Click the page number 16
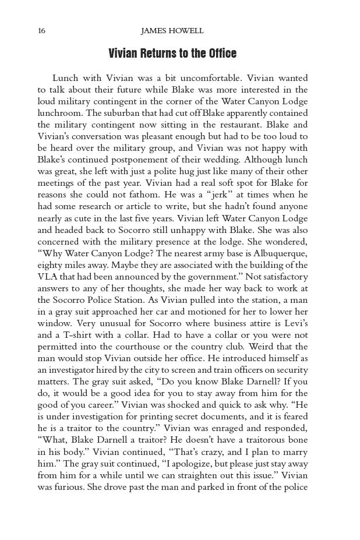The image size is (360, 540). (x=41, y=31)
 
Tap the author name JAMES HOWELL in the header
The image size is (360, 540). (x=172, y=31)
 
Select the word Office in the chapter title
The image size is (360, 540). (x=221, y=54)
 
